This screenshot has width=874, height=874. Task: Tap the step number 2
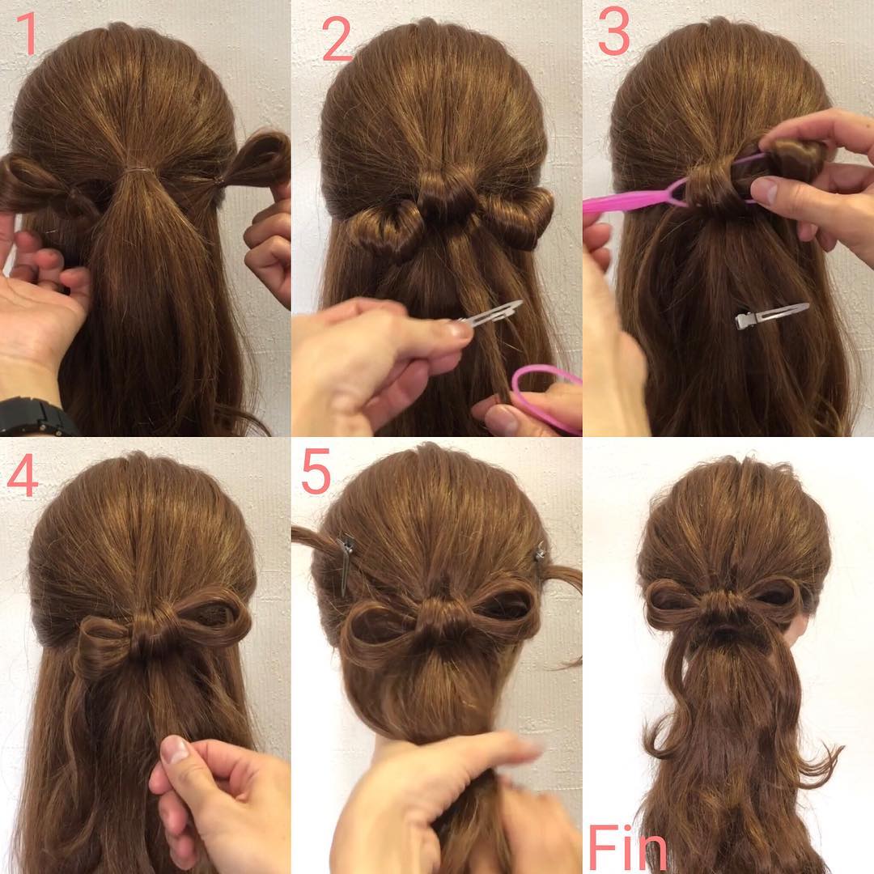[337, 39]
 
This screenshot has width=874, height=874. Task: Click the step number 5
[316, 472]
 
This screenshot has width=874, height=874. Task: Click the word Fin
[627, 847]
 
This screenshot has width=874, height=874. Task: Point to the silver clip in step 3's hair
[771, 316]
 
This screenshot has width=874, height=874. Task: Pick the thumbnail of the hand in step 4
[175, 749]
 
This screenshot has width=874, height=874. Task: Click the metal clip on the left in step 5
[346, 563]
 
